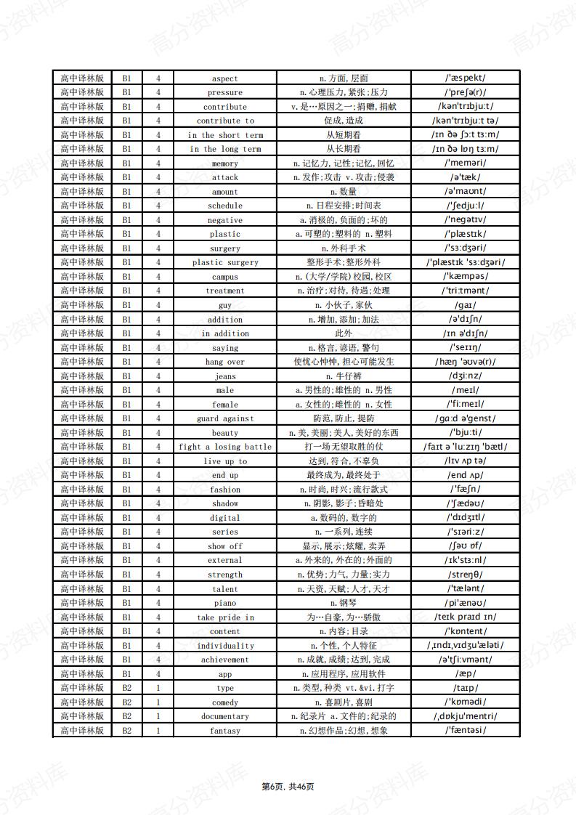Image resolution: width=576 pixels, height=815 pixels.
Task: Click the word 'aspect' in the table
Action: tap(224, 78)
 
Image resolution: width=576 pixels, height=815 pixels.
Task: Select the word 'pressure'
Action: tap(224, 93)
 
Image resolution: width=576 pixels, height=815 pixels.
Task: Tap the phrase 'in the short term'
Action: tap(224, 135)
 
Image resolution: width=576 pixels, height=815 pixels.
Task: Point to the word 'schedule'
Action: tap(224, 206)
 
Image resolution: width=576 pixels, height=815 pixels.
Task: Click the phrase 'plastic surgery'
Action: tap(224, 263)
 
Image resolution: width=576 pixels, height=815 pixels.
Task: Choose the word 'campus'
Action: tap(224, 277)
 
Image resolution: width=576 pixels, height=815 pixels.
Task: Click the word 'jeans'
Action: tap(224, 376)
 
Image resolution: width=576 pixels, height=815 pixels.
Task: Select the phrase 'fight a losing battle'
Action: tap(224, 447)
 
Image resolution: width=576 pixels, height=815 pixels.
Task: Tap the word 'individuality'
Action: tap(225, 646)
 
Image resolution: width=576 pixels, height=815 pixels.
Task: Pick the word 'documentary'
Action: tap(224, 716)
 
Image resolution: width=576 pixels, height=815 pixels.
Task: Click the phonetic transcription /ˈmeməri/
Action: tap(466, 163)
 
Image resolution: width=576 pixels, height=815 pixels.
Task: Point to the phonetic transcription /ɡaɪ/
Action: tap(466, 305)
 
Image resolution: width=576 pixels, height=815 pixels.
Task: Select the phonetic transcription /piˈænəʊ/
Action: tap(466, 603)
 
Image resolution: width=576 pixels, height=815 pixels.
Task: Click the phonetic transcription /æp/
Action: tap(466, 673)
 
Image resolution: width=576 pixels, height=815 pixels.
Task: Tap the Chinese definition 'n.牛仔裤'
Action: tap(344, 376)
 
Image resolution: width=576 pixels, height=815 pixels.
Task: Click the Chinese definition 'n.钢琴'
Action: tap(344, 603)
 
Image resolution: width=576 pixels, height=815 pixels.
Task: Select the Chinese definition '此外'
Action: tap(344, 333)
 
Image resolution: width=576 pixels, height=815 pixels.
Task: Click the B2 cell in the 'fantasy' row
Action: tap(126, 730)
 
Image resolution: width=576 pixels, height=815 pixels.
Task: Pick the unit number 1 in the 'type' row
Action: tap(158, 688)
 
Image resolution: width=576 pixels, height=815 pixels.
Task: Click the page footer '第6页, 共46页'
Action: tap(288, 786)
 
